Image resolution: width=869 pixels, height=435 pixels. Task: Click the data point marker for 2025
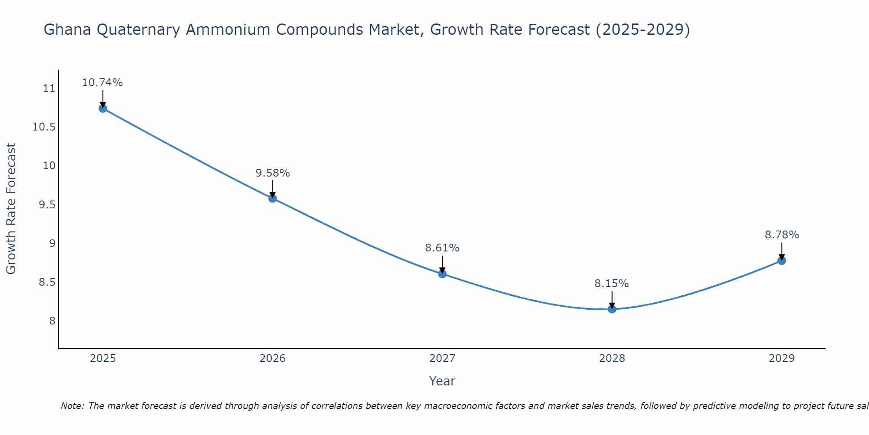point(103,108)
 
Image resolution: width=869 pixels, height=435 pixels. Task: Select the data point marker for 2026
point(272,198)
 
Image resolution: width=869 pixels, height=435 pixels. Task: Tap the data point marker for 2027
point(442,274)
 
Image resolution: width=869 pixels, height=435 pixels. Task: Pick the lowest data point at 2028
point(612,309)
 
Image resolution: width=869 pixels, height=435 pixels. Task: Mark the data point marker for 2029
point(782,261)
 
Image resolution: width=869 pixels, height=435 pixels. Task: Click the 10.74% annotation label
point(103,83)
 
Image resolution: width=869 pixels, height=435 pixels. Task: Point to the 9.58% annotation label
point(272,173)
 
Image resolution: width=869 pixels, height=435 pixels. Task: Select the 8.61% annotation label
point(442,248)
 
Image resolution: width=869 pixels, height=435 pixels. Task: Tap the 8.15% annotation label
point(612,284)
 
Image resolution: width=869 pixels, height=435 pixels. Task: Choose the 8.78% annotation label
point(782,235)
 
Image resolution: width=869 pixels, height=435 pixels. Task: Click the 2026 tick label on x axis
point(272,358)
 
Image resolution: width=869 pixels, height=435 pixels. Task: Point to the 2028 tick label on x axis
point(612,358)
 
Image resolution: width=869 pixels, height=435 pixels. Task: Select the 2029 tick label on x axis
point(782,358)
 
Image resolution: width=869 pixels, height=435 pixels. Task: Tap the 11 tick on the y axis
point(49,88)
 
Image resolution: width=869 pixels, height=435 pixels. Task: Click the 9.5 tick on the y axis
point(47,204)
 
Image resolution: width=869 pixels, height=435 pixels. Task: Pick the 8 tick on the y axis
point(52,321)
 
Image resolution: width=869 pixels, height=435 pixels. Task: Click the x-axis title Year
point(442,381)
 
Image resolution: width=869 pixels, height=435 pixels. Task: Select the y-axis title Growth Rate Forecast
point(11,209)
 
